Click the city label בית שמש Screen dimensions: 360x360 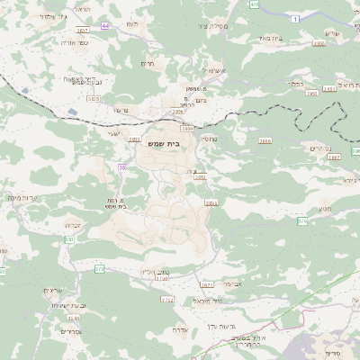point(182,142)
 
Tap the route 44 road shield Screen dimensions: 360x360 point(105,26)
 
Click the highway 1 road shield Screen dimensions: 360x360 point(294,18)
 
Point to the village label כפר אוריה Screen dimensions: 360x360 point(70,41)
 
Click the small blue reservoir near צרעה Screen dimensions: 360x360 point(70,112)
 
